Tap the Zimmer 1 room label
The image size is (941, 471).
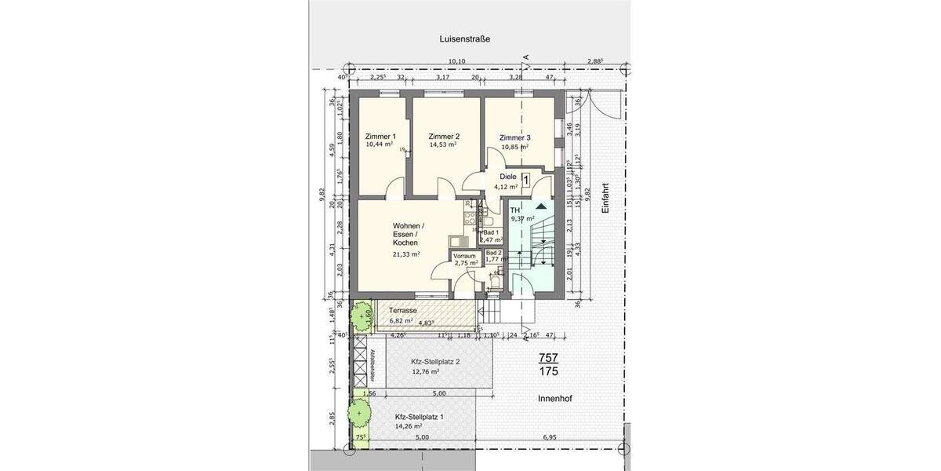[380, 136]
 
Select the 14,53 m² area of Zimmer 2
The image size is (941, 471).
[445, 145]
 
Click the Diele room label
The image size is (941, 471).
[508, 177]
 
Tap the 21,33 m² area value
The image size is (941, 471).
[407, 254]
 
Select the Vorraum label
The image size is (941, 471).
[466, 256]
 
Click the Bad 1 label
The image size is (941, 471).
[492, 233]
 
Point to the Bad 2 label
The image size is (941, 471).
[493, 252]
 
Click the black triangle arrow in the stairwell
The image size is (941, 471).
[541, 206]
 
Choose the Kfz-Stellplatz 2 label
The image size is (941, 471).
[435, 362]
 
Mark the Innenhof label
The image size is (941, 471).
[554, 399]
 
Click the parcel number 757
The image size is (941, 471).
[549, 358]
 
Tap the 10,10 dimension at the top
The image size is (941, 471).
[456, 62]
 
